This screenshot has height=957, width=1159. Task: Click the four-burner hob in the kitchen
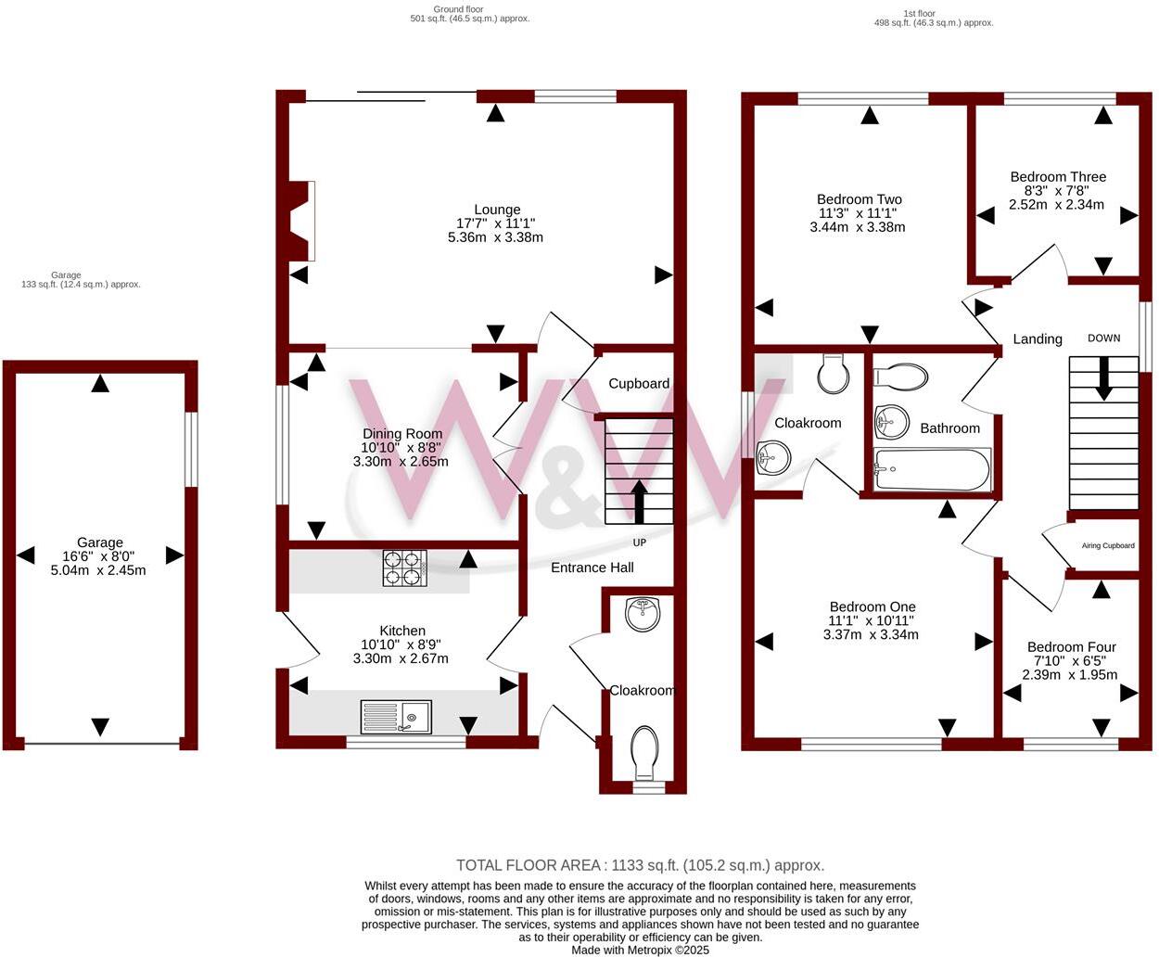(x=405, y=568)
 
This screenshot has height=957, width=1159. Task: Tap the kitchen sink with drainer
(x=395, y=716)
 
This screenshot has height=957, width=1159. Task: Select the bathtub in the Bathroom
(x=932, y=470)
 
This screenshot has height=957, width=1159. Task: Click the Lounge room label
(x=497, y=210)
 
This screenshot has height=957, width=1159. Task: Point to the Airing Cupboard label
(x=1107, y=545)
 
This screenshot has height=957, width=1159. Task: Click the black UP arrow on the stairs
(x=639, y=501)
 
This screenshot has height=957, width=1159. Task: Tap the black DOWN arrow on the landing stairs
(x=1103, y=379)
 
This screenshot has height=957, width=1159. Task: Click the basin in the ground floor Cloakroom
(x=642, y=614)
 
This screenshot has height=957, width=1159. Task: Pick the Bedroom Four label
(x=1071, y=646)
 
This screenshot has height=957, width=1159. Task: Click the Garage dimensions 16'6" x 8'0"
(x=99, y=556)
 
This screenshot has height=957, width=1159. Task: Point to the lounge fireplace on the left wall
(x=299, y=221)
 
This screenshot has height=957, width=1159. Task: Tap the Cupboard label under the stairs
(x=639, y=383)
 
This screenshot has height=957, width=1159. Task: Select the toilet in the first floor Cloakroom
(x=834, y=374)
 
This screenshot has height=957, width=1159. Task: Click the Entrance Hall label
(x=592, y=567)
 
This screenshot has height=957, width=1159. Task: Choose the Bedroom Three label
(x=1058, y=176)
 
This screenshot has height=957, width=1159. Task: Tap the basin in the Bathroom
(x=891, y=422)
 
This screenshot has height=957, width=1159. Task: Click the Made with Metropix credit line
(x=640, y=950)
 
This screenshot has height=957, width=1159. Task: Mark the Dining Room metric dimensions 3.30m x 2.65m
(x=401, y=461)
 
